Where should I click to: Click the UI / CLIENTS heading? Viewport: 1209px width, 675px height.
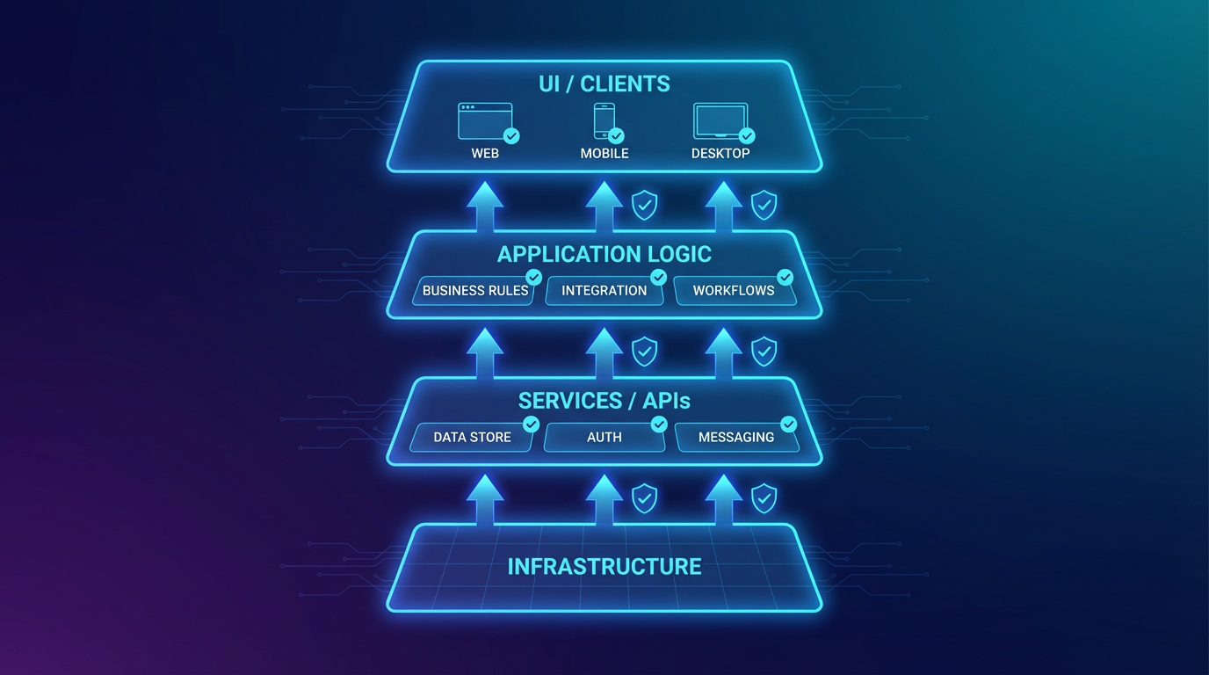click(x=604, y=84)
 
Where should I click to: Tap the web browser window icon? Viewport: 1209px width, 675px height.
click(x=485, y=121)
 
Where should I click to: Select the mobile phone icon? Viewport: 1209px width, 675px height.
click(x=604, y=121)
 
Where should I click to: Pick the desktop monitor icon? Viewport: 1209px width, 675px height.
click(x=720, y=121)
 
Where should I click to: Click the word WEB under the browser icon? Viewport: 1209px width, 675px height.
click(x=485, y=153)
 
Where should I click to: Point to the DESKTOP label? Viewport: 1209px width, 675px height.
click(x=720, y=153)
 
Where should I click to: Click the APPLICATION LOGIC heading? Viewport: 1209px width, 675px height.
click(x=604, y=255)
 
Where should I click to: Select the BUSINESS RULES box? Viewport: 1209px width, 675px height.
click(x=474, y=291)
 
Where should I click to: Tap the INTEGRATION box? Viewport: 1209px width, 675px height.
click(x=604, y=291)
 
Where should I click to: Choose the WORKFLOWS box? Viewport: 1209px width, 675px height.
click(x=734, y=291)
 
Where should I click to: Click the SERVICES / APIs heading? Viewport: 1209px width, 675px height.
click(x=604, y=402)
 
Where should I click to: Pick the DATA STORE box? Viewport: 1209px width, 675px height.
click(x=473, y=438)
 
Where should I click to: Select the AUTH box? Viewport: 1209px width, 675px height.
click(x=604, y=438)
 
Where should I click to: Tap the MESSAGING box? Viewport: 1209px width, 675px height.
click(x=736, y=438)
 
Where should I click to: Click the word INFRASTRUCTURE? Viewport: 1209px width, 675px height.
click(x=604, y=567)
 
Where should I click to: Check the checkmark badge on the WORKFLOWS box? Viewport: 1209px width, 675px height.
click(x=785, y=278)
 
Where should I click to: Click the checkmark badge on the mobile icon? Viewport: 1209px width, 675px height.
click(x=616, y=135)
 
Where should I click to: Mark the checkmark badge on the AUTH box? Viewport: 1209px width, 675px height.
click(x=659, y=425)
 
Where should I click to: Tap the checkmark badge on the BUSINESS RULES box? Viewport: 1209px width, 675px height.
click(x=533, y=278)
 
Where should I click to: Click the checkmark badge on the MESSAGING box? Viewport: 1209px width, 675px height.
click(x=788, y=425)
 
